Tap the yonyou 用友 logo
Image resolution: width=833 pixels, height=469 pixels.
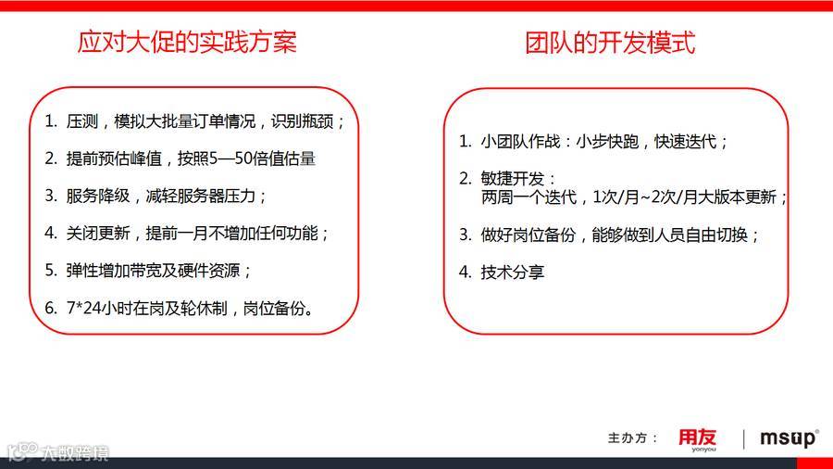click(x=697, y=437)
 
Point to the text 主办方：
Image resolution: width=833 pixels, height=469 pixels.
click(x=633, y=437)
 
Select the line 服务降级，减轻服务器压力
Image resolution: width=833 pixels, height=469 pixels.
click(x=167, y=196)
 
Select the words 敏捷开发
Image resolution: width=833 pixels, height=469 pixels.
click(x=519, y=178)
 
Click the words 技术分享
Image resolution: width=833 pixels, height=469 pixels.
click(x=513, y=272)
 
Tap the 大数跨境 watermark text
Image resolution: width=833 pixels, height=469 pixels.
click(x=74, y=454)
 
